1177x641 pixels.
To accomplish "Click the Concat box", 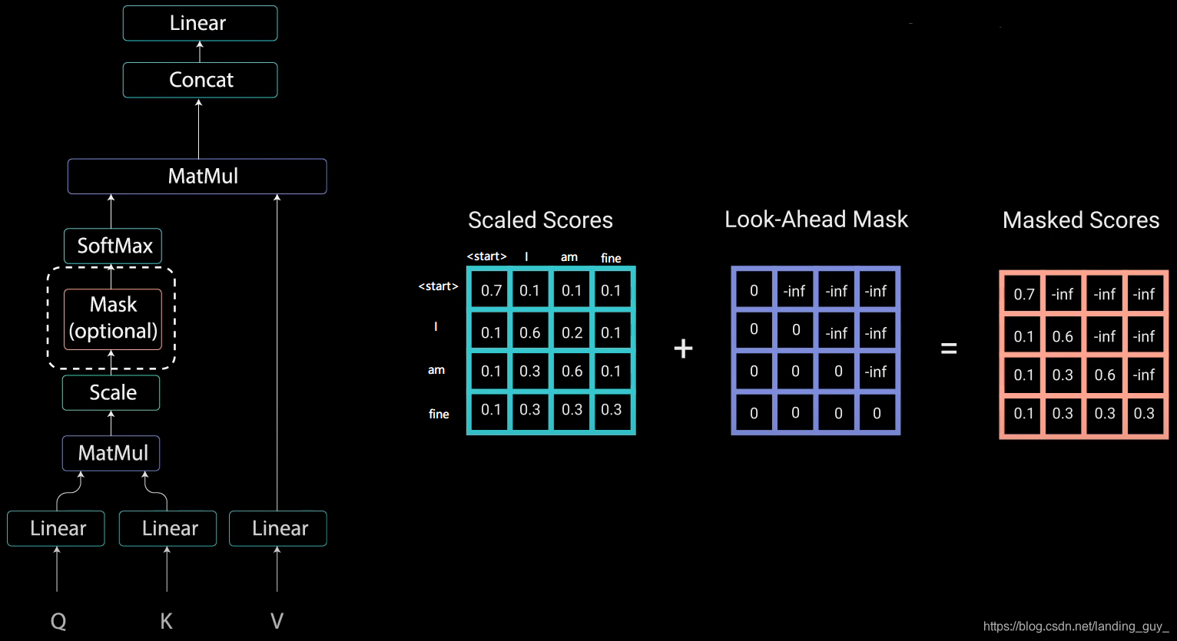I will tap(200, 80).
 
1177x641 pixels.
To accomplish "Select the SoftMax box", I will tap(113, 246).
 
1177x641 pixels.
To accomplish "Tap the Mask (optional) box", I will tap(113, 319).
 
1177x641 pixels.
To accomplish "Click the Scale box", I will tap(111, 392).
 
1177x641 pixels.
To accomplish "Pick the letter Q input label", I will tap(58, 620).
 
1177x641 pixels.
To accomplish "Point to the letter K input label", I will tap(166, 620).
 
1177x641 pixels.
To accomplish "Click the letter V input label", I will tap(277, 620).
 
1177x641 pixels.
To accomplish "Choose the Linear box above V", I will tap(278, 528).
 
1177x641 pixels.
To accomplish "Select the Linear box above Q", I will tap(56, 528).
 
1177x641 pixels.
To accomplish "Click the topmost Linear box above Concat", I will tap(200, 23).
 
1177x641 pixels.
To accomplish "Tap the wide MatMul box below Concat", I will tap(197, 176).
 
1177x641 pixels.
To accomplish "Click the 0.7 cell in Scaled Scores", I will tap(491, 290).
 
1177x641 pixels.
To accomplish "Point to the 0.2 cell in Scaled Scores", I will tap(572, 332).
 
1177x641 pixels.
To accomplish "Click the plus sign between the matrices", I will tap(683, 349).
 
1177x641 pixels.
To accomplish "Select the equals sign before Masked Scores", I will tap(949, 349).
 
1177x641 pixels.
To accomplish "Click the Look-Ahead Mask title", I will tap(816, 220).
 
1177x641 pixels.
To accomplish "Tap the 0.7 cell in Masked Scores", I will tap(1023, 294).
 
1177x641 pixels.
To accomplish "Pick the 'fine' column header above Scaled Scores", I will tap(611, 258).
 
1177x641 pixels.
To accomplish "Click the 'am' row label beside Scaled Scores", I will tap(436, 370).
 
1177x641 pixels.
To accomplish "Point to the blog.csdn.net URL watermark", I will tap(1076, 626).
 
